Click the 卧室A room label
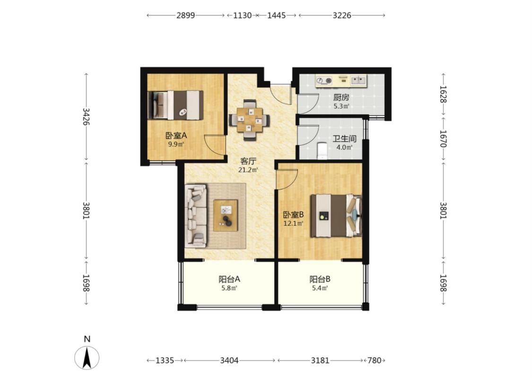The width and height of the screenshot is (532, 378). (176, 136)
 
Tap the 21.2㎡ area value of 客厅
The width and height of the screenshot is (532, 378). (248, 170)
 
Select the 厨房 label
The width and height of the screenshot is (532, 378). (341, 98)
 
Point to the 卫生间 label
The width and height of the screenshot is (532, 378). (344, 139)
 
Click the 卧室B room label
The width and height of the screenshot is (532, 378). (294, 215)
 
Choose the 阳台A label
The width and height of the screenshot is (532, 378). (229, 279)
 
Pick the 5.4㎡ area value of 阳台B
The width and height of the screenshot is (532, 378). (320, 289)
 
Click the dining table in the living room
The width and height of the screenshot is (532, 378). (250, 120)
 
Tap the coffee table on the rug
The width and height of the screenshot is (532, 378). (226, 215)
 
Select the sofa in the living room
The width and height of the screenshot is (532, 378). (196, 216)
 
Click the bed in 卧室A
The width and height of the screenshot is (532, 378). (175, 105)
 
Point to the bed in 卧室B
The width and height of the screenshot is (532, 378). (336, 215)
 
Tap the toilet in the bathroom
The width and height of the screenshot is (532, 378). (321, 151)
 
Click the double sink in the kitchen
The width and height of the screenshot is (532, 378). (358, 80)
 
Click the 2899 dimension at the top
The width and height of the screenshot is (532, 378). (185, 15)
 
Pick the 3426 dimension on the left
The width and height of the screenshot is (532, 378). (86, 117)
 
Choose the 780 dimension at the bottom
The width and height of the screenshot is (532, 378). (375, 361)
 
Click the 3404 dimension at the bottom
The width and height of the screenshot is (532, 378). (229, 361)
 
